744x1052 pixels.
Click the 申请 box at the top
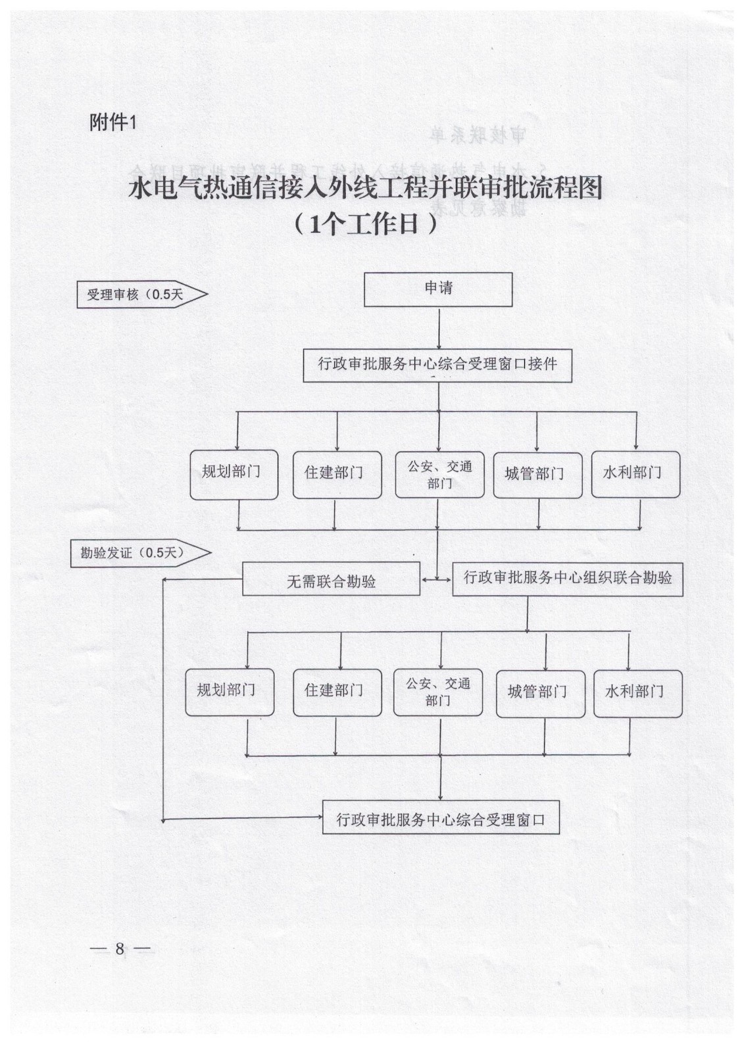[438, 289]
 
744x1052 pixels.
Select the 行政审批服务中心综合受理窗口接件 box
[437, 365]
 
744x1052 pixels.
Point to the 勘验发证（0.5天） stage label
[139, 553]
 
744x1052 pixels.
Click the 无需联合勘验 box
[331, 581]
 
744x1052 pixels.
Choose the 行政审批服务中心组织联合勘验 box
[567, 579]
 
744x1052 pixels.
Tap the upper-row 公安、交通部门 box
[439, 474]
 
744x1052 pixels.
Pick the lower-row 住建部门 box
[337, 692]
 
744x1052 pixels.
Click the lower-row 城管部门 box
[540, 693]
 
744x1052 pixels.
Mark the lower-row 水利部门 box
[637, 693]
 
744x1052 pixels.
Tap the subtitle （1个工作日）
[366, 225]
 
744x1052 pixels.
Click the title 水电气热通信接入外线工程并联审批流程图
[366, 189]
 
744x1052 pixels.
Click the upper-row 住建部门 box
[337, 474]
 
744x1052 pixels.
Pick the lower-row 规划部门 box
[229, 692]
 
